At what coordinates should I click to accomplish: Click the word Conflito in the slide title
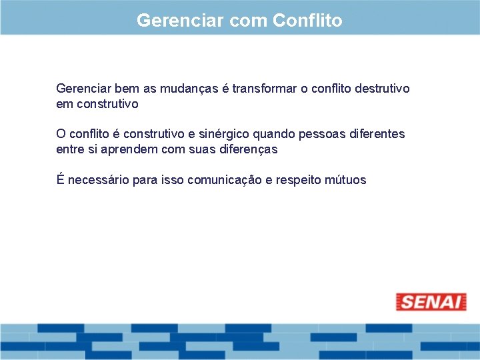click(307, 21)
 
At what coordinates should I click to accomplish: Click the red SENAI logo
click(431, 302)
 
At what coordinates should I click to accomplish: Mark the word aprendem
click(130, 150)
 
